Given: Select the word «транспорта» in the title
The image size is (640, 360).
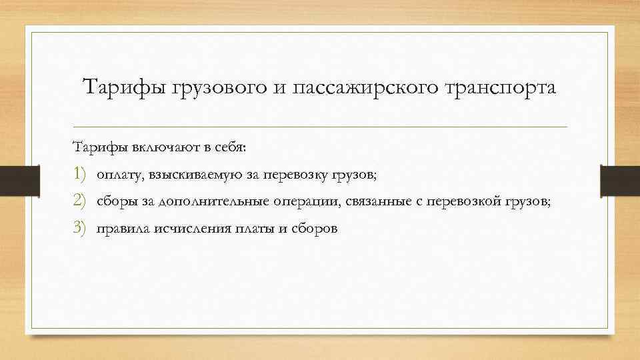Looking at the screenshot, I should (x=499, y=87).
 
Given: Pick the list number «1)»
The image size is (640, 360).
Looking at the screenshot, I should (x=80, y=175).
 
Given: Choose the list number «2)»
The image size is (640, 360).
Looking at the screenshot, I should (x=80, y=201).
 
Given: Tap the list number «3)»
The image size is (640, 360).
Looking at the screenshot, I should (x=80, y=228).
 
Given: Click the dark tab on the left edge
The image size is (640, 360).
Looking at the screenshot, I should (x=13, y=179).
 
